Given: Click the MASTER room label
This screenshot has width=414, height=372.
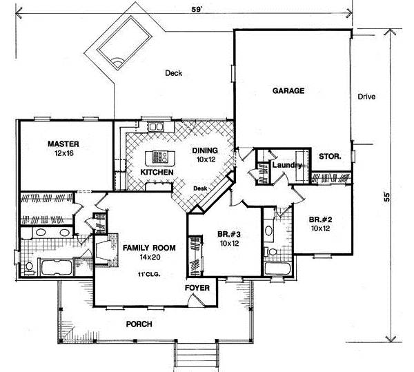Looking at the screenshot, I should click(x=63, y=144).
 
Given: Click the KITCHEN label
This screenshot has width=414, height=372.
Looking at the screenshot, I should click(x=155, y=171).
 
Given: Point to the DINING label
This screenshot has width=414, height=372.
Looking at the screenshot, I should click(x=206, y=150).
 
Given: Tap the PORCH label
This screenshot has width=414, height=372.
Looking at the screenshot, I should click(x=139, y=324).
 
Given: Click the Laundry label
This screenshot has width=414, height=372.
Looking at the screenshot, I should click(x=284, y=165).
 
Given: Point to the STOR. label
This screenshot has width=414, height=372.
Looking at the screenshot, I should click(x=330, y=157).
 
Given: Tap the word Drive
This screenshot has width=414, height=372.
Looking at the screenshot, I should click(x=366, y=97).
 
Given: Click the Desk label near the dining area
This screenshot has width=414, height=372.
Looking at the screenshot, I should click(x=200, y=188).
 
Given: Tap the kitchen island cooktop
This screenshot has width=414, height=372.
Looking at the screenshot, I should click(x=161, y=156).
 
